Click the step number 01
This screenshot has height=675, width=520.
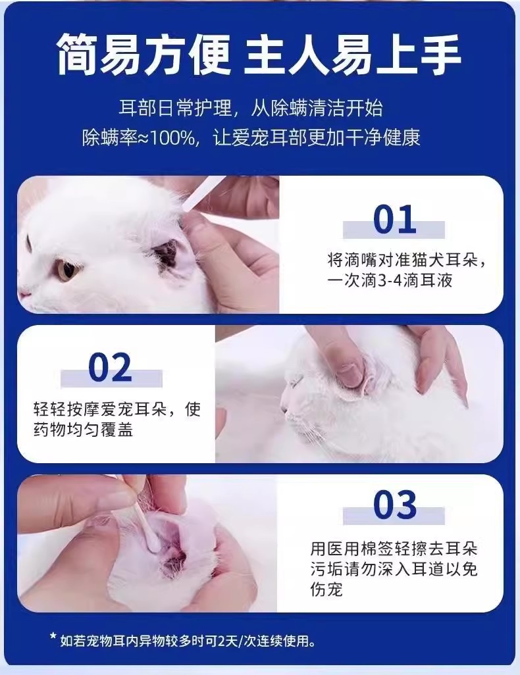(394, 219)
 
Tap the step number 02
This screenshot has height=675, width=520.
(110, 367)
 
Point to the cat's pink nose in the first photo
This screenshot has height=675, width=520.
(24, 294)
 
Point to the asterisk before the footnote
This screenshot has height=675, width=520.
(53, 636)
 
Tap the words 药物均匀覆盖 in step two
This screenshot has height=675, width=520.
(83, 430)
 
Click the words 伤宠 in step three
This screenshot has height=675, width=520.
(326, 589)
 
